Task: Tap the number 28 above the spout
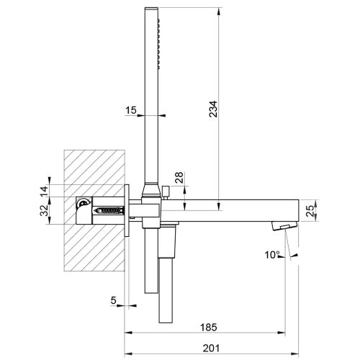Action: pyautogui.click(x=179, y=178)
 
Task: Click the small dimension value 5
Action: pyautogui.click(x=114, y=300)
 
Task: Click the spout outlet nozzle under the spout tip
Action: pyautogui.click(x=282, y=227)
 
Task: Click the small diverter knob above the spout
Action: pyautogui.click(x=165, y=192)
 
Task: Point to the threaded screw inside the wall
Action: pyautogui.click(x=106, y=212)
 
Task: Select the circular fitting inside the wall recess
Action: pyautogui.click(x=84, y=204)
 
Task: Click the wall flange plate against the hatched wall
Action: pyautogui.click(x=127, y=210)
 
